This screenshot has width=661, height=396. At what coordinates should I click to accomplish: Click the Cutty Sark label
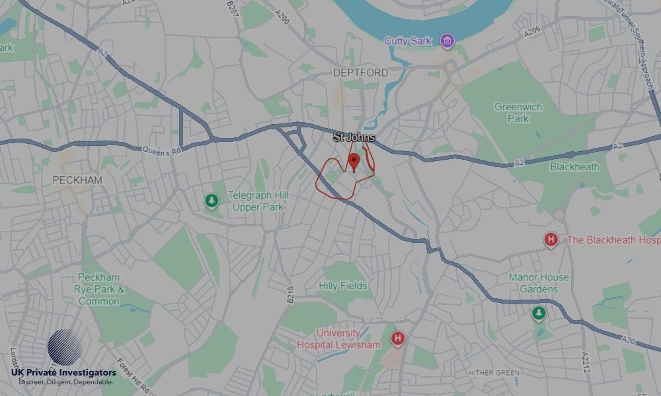tap(408, 41)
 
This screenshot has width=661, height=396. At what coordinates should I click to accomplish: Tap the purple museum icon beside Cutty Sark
tap(447, 42)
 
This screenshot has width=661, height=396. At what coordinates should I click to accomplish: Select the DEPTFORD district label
tap(360, 73)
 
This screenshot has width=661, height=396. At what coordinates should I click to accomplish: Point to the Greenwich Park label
tap(518, 112)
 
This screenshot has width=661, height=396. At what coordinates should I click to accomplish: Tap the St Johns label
tap(354, 137)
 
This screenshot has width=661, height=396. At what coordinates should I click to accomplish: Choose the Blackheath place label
tap(574, 167)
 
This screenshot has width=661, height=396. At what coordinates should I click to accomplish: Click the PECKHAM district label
tap(78, 180)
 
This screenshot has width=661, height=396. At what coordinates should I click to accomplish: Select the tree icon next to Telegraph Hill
tap(212, 200)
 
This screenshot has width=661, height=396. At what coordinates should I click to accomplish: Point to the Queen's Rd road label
tap(161, 150)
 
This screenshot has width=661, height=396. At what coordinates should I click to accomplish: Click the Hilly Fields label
tap(343, 286)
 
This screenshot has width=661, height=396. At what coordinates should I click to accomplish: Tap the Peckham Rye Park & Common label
tap(100, 289)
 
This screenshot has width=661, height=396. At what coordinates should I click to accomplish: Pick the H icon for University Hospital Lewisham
tap(397, 339)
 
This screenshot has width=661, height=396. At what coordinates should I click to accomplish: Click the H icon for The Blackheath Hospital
tap(551, 240)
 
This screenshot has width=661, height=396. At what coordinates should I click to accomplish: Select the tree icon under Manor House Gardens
tap(539, 313)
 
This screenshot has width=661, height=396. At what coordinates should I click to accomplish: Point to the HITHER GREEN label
tap(493, 373)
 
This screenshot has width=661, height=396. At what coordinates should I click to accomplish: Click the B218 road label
tap(291, 295)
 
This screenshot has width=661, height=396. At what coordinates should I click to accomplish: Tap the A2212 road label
tap(584, 362)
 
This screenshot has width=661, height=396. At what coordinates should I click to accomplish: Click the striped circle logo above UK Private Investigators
tap(65, 348)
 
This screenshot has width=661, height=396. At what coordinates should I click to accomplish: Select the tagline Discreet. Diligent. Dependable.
tap(66, 382)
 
